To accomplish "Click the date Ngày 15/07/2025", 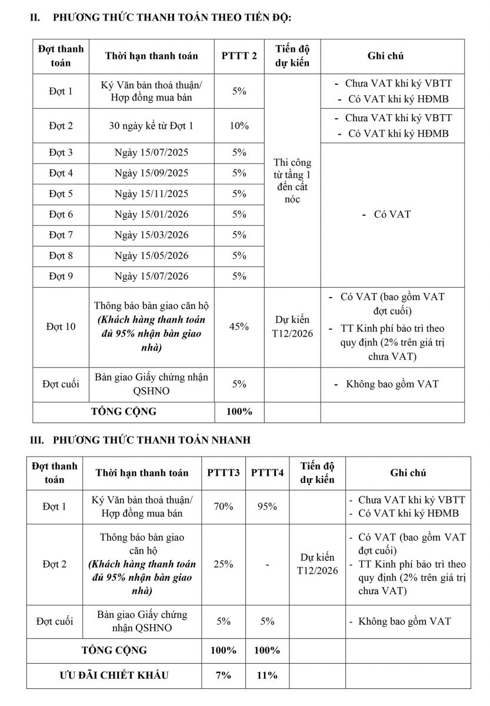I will [x=152, y=152].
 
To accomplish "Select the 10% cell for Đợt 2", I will [x=239, y=125].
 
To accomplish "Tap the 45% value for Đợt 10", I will [x=239, y=327].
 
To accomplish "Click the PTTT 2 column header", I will [x=239, y=56].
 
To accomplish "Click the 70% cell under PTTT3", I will [x=224, y=506].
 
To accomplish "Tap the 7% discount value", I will [x=224, y=675].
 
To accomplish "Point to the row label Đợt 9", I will [x=61, y=276].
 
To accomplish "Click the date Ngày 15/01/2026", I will [x=152, y=214].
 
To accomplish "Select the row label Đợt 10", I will [x=61, y=327].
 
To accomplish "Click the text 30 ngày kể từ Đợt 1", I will [x=152, y=125].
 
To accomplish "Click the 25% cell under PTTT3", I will [x=224, y=564].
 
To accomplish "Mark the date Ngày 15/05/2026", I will [x=152, y=255].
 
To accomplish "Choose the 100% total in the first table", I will [x=239, y=411].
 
